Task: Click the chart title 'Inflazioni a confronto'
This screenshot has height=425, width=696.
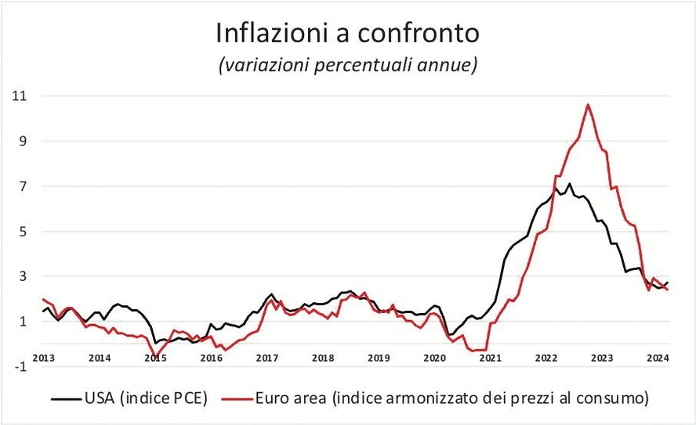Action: [347, 34]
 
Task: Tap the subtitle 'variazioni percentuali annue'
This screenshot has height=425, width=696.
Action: [347, 66]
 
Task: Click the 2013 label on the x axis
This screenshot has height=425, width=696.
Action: [44, 358]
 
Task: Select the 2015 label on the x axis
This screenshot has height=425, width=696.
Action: [155, 358]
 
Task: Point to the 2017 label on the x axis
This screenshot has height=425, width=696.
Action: [266, 358]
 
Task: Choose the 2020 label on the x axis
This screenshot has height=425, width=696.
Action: [434, 358]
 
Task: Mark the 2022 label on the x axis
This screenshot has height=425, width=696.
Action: [546, 358]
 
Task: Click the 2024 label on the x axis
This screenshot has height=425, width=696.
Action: [657, 358]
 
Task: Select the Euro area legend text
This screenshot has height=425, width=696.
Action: [451, 398]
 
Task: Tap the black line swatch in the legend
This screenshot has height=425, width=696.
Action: [66, 399]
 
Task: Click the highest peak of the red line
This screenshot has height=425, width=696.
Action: [588, 104]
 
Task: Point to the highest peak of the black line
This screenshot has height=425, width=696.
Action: [569, 184]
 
